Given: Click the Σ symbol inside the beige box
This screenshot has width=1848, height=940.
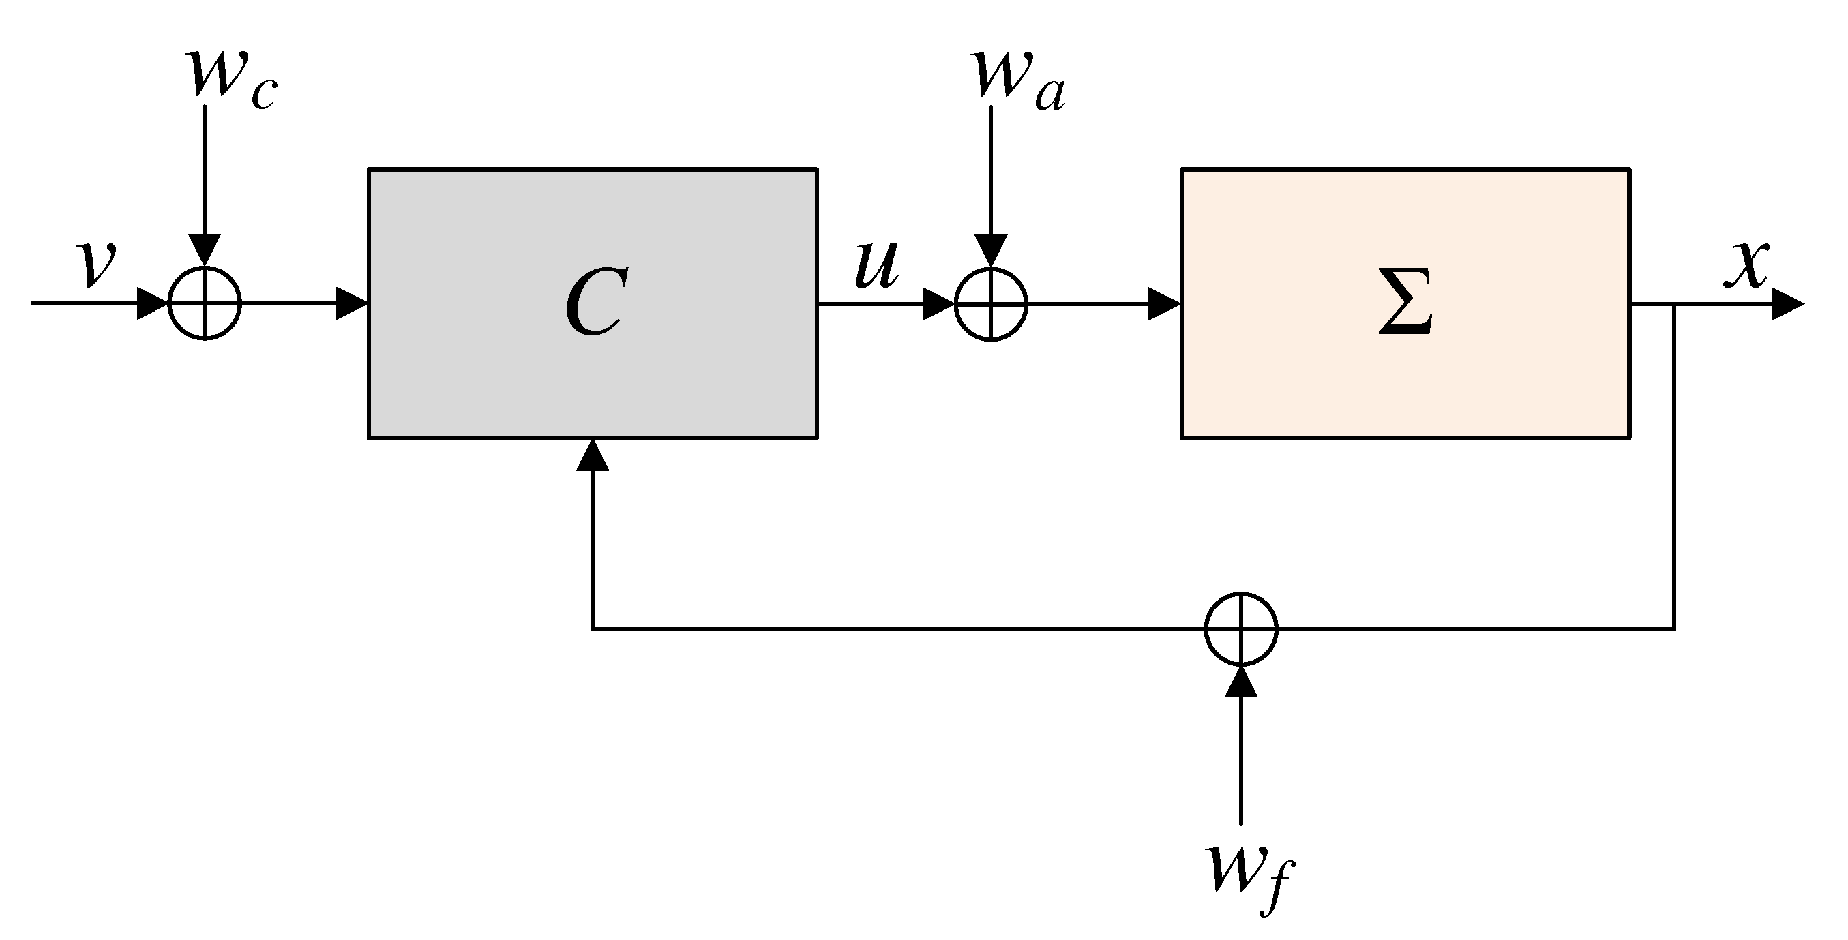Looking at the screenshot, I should click(x=1405, y=303).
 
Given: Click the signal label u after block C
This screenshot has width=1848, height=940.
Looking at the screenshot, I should click(x=877, y=265).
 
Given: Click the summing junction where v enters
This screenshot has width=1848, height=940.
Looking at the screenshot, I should click(x=205, y=303).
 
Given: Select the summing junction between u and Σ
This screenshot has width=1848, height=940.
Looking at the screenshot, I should click(x=991, y=303).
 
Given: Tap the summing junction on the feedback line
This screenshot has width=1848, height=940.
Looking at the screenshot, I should click(x=1241, y=628).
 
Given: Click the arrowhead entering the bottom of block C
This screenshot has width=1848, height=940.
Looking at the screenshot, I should click(x=593, y=456).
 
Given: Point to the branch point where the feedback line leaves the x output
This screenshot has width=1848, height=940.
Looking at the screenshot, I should click(x=1674, y=304).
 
